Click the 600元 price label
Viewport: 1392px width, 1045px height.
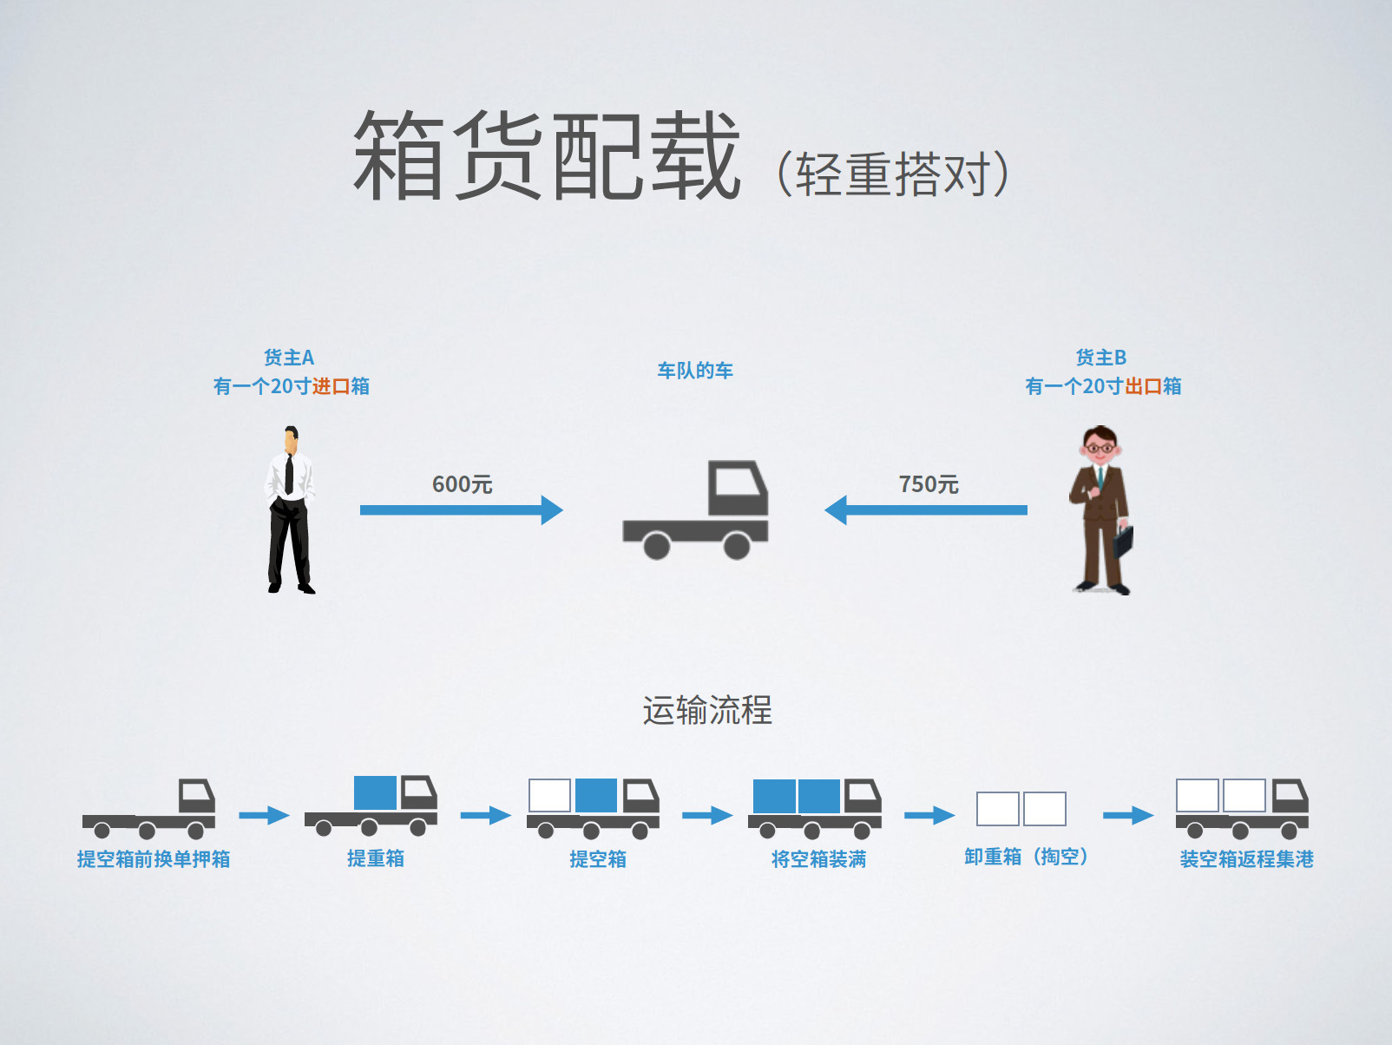click(x=462, y=484)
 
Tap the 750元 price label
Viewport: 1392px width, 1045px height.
click(x=929, y=484)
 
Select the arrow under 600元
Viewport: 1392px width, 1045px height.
click(x=461, y=510)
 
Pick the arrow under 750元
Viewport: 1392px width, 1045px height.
click(x=926, y=510)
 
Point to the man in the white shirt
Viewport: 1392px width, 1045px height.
click(x=290, y=510)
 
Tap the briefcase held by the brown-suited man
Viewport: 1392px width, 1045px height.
click(x=1124, y=541)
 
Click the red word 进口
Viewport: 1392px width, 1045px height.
click(x=331, y=386)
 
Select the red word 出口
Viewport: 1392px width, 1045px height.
click(x=1143, y=386)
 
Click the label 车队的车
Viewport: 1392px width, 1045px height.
click(x=695, y=371)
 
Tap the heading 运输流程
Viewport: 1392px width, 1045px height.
click(x=707, y=710)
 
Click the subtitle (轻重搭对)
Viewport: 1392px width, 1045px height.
click(x=892, y=174)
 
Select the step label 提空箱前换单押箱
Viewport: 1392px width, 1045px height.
click(x=154, y=859)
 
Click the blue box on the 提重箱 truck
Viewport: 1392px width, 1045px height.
click(x=375, y=792)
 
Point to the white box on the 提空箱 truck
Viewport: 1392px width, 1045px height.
click(x=549, y=795)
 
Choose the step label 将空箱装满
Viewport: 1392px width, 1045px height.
click(x=818, y=859)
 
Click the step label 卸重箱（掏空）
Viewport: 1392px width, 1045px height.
click(x=1027, y=858)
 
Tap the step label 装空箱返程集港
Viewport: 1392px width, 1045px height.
click(x=1246, y=859)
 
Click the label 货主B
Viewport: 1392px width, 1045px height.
click(x=1101, y=358)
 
